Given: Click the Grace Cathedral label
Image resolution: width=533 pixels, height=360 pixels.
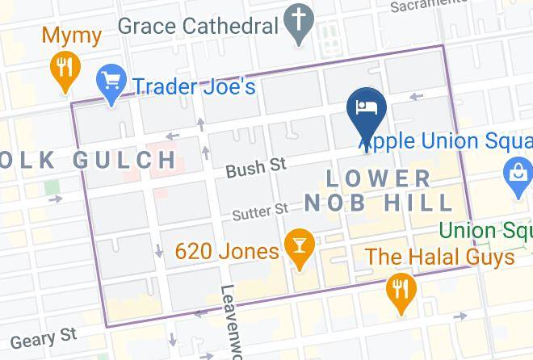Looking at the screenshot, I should pos(198,25).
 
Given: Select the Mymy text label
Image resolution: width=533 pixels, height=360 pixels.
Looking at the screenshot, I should pos(71,36).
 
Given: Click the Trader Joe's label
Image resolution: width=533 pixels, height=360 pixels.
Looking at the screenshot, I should pos(195,85).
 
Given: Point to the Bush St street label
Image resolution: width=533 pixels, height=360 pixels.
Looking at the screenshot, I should pos(256,168).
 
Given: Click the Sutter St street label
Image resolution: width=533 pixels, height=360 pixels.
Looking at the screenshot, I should pos(260,212).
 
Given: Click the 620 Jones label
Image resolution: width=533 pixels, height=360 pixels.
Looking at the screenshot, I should pos(227,251).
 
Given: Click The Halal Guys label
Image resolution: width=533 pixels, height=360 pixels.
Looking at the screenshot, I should pos(439,257).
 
